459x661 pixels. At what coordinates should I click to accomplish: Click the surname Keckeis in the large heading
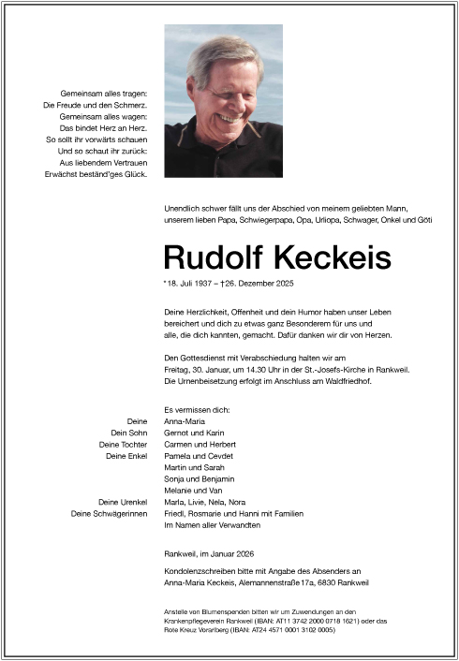click(332, 258)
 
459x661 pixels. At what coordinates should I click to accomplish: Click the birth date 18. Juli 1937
click(194, 283)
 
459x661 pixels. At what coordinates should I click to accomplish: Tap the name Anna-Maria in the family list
click(185, 422)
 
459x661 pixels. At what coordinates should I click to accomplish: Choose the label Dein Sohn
click(129, 433)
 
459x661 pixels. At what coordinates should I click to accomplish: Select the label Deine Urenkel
click(123, 502)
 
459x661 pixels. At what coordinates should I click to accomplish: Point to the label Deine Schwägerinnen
click(110, 513)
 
